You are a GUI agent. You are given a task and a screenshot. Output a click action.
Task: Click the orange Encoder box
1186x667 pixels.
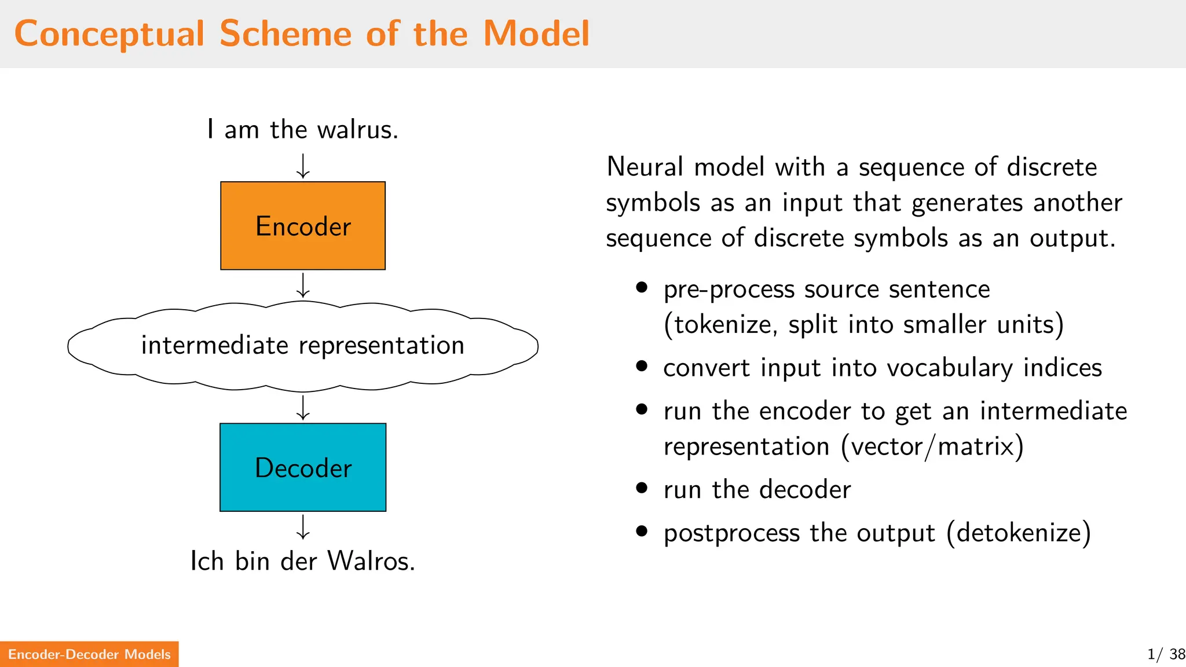click(x=303, y=226)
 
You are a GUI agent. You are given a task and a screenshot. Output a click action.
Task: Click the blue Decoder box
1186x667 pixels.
click(x=303, y=467)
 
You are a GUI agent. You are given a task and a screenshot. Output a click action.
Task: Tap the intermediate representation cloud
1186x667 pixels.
click(x=303, y=346)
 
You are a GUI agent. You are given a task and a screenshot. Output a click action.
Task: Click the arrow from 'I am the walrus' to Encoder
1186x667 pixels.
click(x=303, y=166)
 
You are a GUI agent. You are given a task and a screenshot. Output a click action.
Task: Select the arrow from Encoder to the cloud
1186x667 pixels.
click(x=303, y=285)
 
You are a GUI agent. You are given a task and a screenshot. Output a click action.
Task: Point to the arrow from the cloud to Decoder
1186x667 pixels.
click(x=303, y=407)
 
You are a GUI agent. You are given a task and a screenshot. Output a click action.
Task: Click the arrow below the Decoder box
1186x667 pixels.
click(x=303, y=527)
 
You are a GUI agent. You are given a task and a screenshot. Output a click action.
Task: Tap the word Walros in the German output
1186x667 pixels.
click(x=371, y=560)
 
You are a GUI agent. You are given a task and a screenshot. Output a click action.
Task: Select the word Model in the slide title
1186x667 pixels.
click(x=536, y=34)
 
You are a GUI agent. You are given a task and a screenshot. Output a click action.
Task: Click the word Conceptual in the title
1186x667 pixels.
click(x=109, y=34)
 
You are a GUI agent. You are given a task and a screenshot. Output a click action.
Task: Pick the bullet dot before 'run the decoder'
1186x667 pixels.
click(x=641, y=488)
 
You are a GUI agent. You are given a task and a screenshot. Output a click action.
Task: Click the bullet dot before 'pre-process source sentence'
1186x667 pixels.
click(x=641, y=287)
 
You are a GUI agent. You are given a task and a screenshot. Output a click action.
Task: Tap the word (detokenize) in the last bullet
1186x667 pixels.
click(x=1019, y=533)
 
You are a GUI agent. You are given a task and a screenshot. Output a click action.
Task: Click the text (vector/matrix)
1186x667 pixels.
click(x=932, y=446)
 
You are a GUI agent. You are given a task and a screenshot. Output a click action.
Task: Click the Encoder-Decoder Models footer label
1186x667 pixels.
click(x=89, y=654)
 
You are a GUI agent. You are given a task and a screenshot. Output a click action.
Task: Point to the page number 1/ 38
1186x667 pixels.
click(x=1166, y=654)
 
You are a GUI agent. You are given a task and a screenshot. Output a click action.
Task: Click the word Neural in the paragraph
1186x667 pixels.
click(x=645, y=167)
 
